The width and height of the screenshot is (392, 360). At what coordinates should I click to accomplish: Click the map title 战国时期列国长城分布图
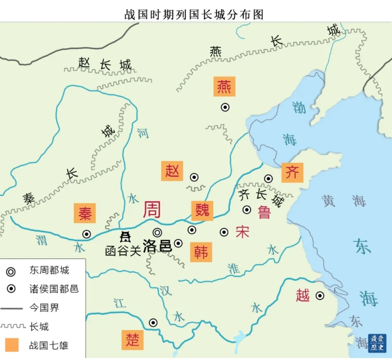pyautogui.click(x=194, y=14)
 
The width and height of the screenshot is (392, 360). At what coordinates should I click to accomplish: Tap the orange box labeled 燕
pyautogui.click(x=225, y=86)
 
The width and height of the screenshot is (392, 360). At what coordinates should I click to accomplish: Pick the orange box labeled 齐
pyautogui.click(x=293, y=172)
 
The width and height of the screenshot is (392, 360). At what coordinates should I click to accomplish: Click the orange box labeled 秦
pyautogui.click(x=84, y=213)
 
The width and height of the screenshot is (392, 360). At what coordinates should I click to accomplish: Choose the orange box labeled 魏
pyautogui.click(x=202, y=210)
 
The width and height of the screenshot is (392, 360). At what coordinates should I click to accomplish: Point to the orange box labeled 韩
pyautogui.click(x=201, y=252)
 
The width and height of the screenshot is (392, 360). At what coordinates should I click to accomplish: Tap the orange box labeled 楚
pyautogui.click(x=132, y=339)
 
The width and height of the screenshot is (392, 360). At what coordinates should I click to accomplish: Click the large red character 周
pyautogui.click(x=152, y=210)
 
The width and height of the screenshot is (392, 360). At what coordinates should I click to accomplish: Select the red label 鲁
pyautogui.click(x=264, y=212)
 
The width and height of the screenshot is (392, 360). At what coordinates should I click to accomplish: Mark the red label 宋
pyautogui.click(x=242, y=231)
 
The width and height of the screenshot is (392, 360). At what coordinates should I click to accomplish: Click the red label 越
pyautogui.click(x=303, y=295)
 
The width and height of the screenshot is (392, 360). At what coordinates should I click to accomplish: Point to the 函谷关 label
pyautogui.click(x=123, y=250)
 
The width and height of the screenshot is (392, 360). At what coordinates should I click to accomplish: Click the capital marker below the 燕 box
pyautogui.click(x=225, y=107)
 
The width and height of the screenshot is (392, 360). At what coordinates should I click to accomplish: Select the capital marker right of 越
pyautogui.click(x=320, y=295)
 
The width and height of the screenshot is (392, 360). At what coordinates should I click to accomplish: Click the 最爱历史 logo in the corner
pyautogui.click(x=377, y=343)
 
